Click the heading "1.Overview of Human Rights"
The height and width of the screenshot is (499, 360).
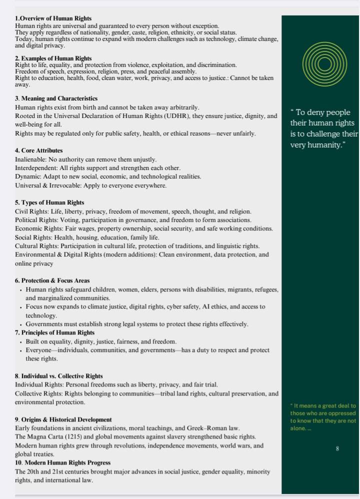coord(53,18)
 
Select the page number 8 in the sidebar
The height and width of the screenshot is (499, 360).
coord(337,448)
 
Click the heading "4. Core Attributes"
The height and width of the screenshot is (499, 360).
coord(39,150)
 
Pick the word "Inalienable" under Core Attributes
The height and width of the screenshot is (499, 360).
coord(30,159)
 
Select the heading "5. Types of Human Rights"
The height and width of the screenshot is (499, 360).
coord(49,202)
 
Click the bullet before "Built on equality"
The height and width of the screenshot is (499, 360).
coord(20,342)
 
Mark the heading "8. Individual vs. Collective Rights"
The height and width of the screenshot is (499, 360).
coord(59,376)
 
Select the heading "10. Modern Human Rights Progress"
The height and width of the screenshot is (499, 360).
coord(62,462)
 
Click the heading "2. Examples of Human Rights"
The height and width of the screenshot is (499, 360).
coord(53,58)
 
